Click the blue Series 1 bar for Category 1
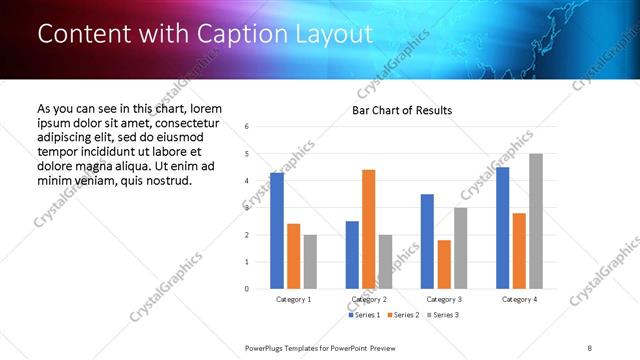point(277,231)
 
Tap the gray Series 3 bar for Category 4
point(536,221)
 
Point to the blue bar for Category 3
point(427,241)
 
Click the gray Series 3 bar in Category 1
point(310,262)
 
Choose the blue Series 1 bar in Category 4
point(502,228)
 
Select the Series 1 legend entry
point(364,315)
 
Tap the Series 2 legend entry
point(402,315)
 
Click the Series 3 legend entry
point(441,315)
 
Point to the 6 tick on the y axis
point(247,126)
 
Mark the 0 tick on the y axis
point(247,289)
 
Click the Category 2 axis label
point(368,299)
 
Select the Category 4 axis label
point(519,299)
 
